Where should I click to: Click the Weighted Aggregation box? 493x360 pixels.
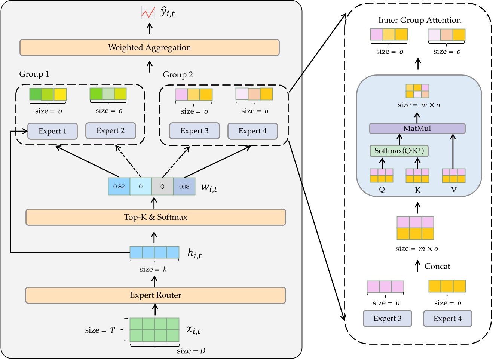(150, 47)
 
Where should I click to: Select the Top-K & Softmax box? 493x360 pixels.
(156, 217)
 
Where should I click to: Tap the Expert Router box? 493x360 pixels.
(156, 295)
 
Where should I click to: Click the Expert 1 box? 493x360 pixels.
(52, 131)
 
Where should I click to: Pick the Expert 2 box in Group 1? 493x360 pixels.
(110, 131)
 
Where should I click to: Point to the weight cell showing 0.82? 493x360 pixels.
(119, 187)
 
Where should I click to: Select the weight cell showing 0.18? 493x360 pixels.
(184, 187)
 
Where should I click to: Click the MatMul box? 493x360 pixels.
(417, 129)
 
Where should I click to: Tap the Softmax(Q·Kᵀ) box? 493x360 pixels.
(399, 151)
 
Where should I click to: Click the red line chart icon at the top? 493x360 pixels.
(148, 13)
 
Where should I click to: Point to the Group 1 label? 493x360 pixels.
(34, 74)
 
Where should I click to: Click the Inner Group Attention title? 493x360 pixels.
(419, 20)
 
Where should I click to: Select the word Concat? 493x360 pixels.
(437, 267)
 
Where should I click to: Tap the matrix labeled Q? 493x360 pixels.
(382, 176)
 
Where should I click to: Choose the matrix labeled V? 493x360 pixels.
(453, 176)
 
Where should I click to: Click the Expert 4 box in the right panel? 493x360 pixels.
(447, 319)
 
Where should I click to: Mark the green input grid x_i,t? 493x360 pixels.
(154, 329)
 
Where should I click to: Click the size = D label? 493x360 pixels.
(191, 351)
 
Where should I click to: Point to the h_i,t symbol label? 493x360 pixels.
(195, 253)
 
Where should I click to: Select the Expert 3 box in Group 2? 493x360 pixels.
(194, 131)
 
